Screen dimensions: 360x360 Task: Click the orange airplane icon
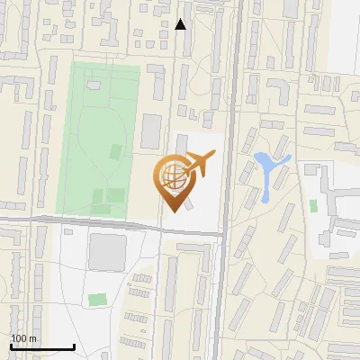(x=198, y=164)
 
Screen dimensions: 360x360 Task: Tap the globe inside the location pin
(x=172, y=175)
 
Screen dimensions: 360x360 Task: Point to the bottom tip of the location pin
(x=172, y=211)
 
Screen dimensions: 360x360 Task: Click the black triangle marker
(x=181, y=24)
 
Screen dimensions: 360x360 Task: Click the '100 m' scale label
(x=23, y=338)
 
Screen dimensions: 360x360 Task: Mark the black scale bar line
(x=42, y=346)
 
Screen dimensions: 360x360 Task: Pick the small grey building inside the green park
(x=94, y=85)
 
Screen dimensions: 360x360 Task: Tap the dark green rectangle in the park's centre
(x=115, y=151)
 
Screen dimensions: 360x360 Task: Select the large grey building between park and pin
(x=151, y=131)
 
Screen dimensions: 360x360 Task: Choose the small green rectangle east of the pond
(x=313, y=206)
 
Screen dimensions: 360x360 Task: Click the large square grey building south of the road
(x=107, y=253)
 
